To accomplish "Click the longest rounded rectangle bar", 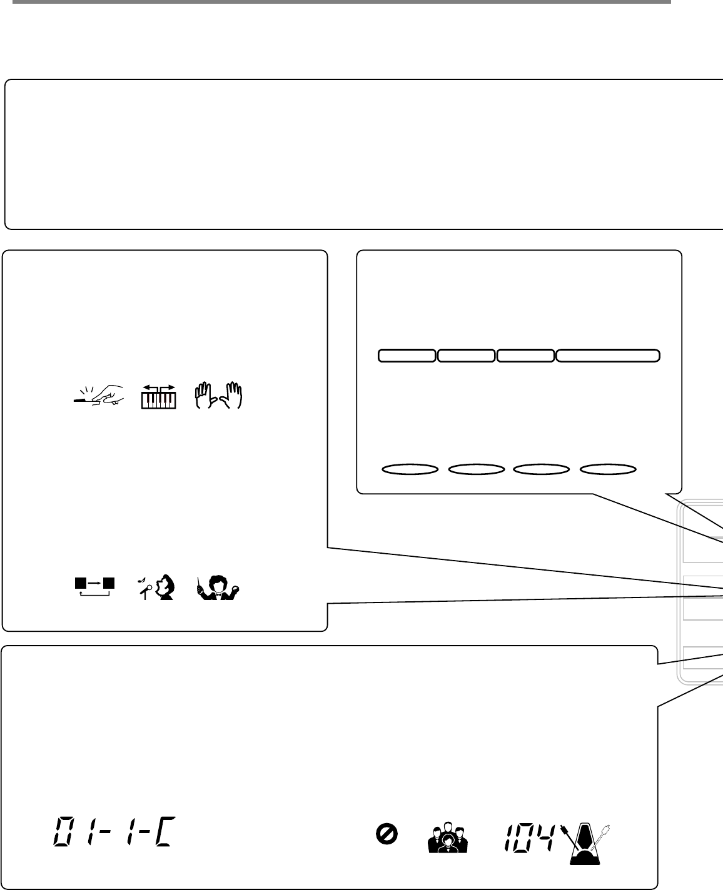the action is (x=608, y=356).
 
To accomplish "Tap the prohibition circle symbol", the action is (x=387, y=833).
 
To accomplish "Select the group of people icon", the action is (x=447, y=839).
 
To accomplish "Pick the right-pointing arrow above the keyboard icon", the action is (x=168, y=388).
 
